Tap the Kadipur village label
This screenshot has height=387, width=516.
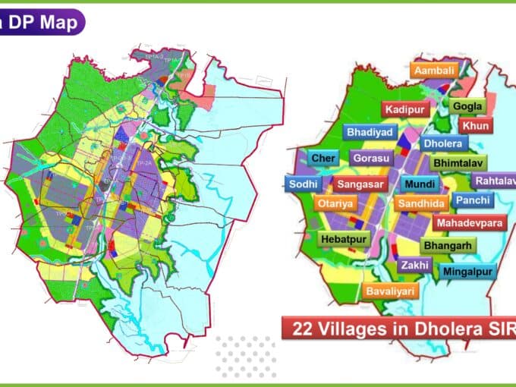tap(406, 110)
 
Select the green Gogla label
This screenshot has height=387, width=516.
tap(467, 106)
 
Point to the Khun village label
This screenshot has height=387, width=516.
tap(475, 125)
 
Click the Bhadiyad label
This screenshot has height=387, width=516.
tap(370, 132)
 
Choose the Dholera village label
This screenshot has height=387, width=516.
tap(444, 143)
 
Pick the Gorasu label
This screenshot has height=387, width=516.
tap(372, 159)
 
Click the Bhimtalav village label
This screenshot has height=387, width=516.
tap(459, 162)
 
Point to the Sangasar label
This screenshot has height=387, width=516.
tap(361, 184)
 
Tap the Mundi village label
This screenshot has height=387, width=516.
tap(420, 184)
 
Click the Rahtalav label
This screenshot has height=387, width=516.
tap(493, 181)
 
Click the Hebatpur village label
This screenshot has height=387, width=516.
tap(343, 239)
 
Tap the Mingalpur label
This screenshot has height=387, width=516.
tap(467, 271)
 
